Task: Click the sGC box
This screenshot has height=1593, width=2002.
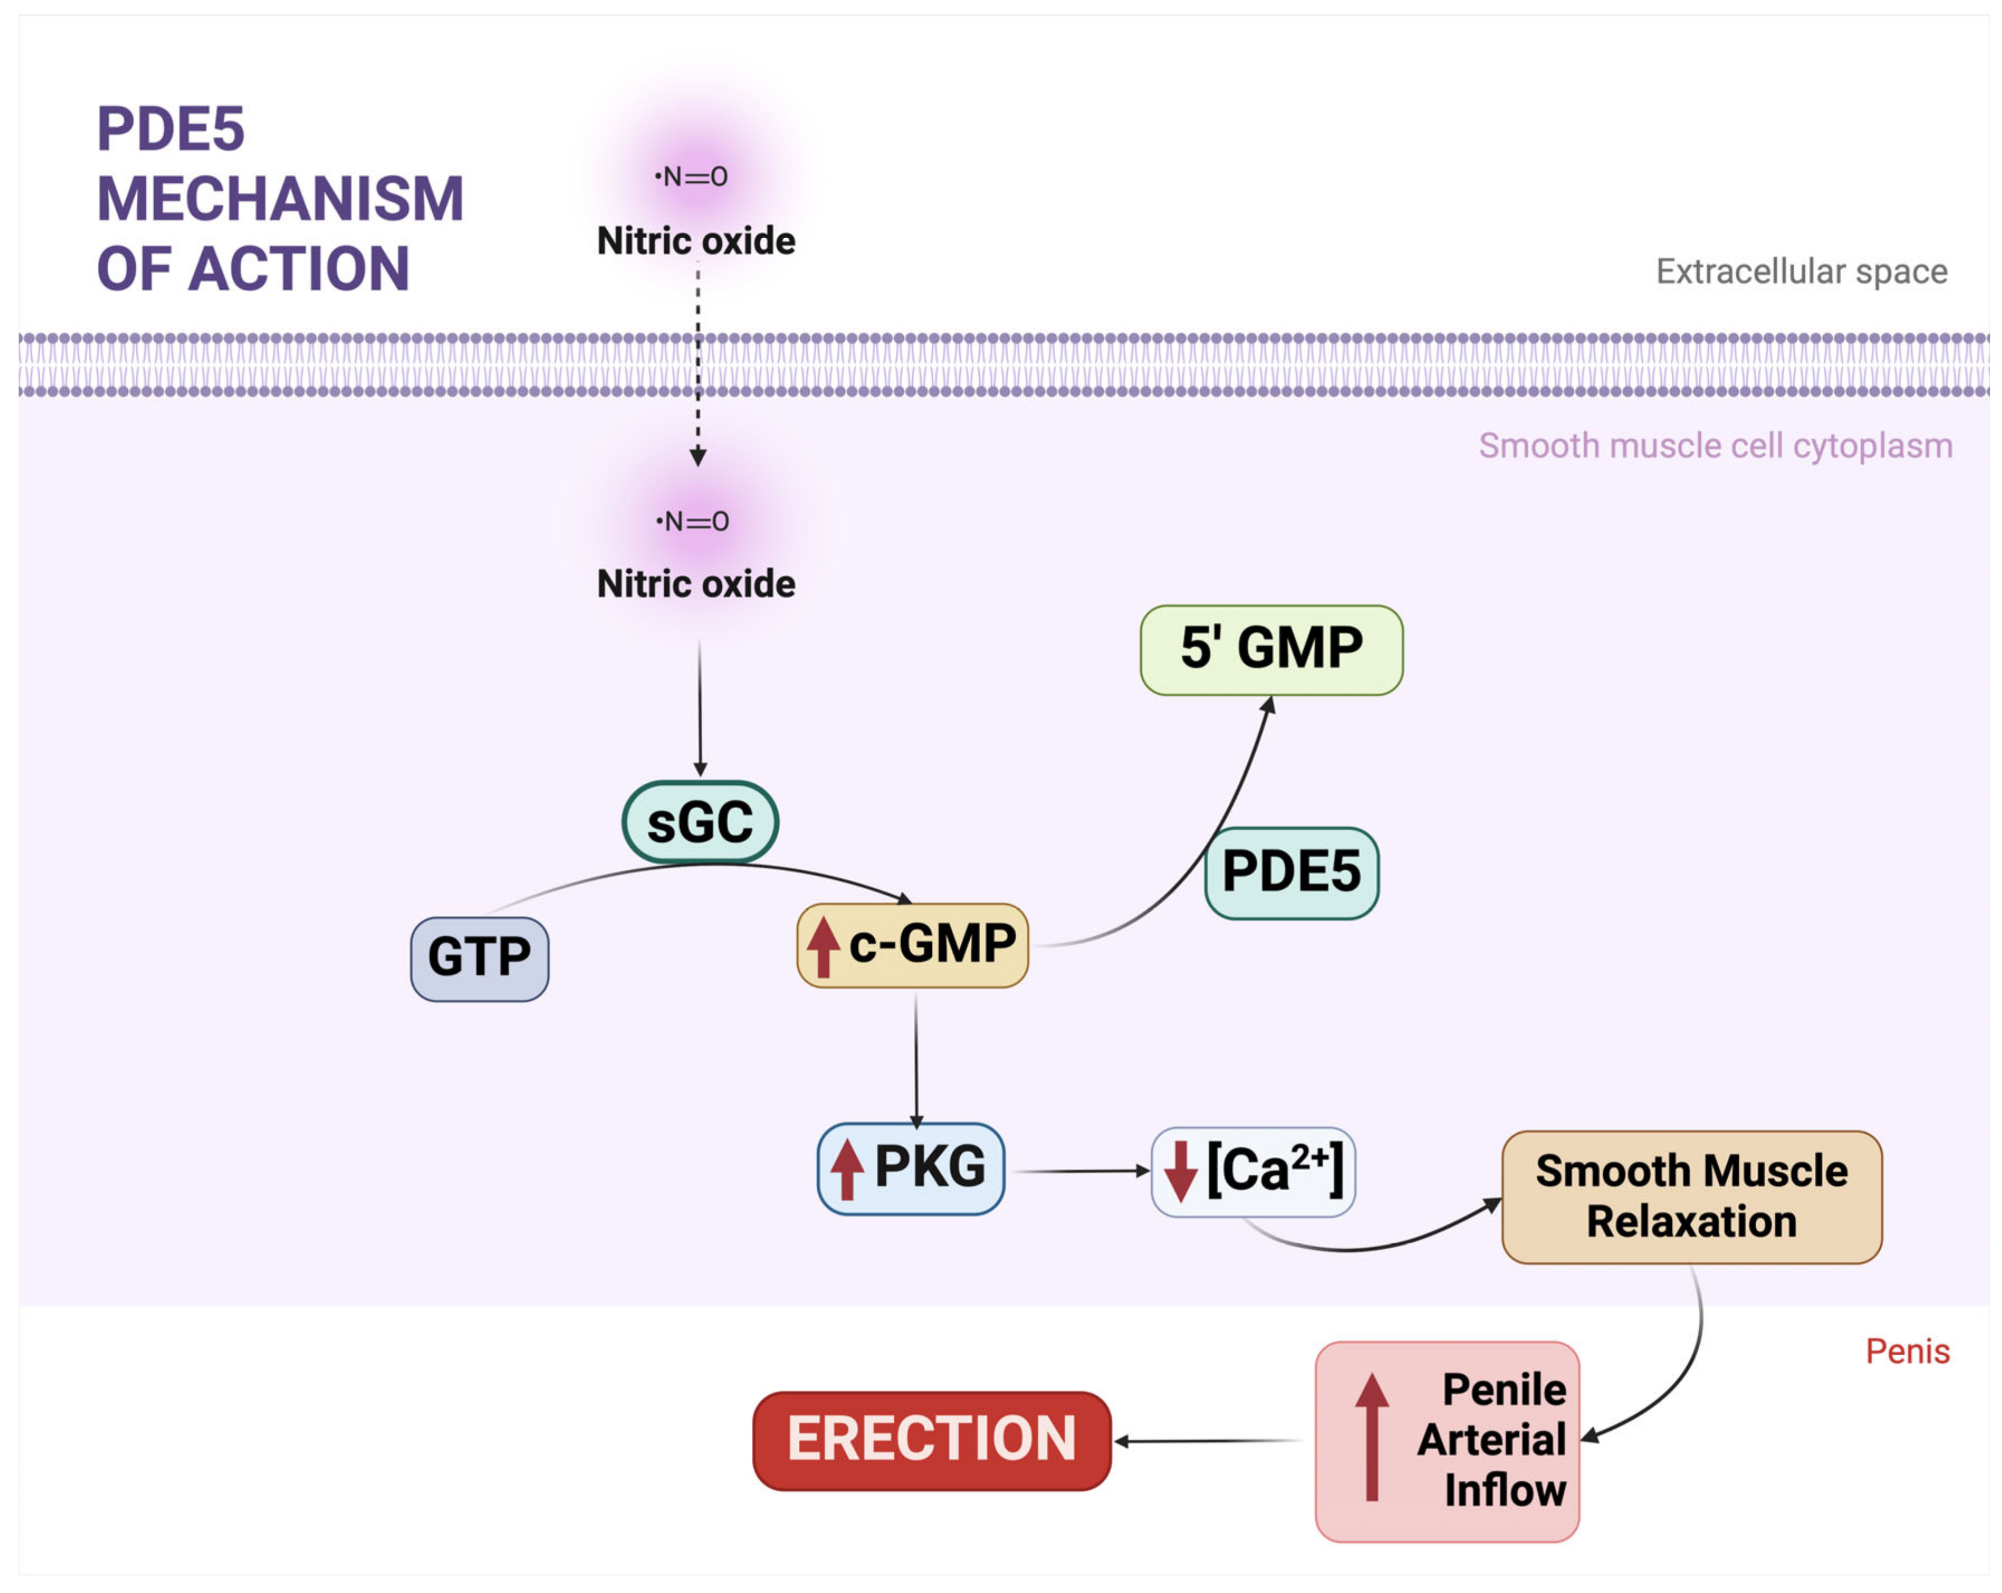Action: pyautogui.click(x=700, y=822)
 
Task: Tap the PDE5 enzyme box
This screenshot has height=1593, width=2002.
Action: pyautogui.click(x=1291, y=872)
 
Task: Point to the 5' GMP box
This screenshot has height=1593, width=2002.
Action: pyautogui.click(x=1271, y=649)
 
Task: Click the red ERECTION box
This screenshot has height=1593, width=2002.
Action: pyautogui.click(x=931, y=1440)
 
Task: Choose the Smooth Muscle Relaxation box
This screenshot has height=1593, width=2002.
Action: pyautogui.click(x=1692, y=1196)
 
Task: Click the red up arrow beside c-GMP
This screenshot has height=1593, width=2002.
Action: pyautogui.click(x=823, y=946)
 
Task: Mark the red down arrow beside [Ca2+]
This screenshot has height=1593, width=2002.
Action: pyautogui.click(x=1180, y=1171)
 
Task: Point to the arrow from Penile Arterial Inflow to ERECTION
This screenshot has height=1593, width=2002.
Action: pyautogui.click(x=1207, y=1441)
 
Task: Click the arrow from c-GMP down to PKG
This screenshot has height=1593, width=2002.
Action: pyautogui.click(x=917, y=1060)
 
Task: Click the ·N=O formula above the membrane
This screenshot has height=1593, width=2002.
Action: pyautogui.click(x=691, y=177)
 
